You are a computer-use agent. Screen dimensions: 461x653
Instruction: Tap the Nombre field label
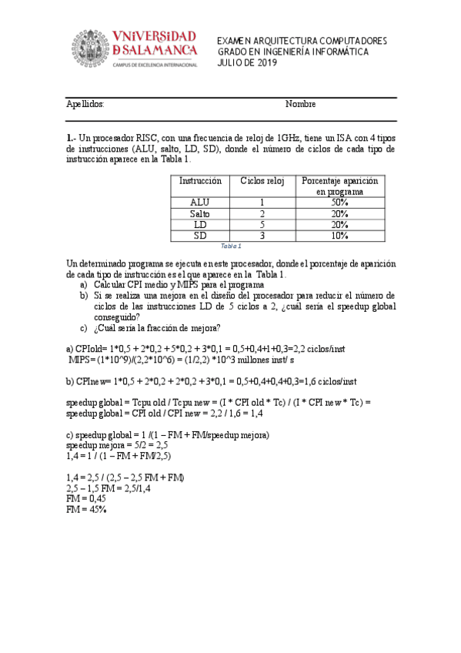point(300,104)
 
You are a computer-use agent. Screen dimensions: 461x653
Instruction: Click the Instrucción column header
point(200,181)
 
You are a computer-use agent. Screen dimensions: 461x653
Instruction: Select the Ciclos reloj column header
point(262,181)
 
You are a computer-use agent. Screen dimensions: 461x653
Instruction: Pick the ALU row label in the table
point(200,203)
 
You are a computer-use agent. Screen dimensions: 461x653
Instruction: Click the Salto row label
point(200,213)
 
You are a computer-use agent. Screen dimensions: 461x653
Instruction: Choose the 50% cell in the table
point(340,203)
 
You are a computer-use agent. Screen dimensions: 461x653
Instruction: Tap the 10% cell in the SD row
point(340,235)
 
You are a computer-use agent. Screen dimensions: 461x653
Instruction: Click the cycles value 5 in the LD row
point(262,224)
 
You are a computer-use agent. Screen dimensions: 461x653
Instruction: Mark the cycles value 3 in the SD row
point(262,235)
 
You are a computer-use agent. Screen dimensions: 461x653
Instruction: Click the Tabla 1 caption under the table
point(231,246)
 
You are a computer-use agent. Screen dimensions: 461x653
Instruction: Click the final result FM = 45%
point(86,510)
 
